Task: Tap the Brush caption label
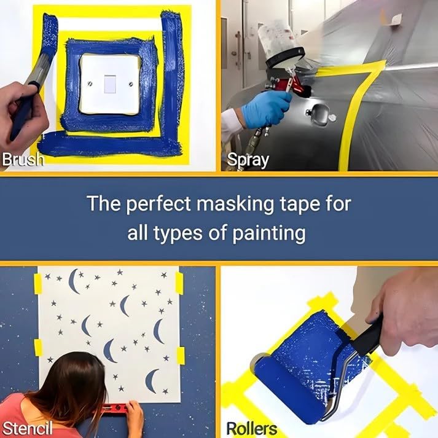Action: point(23,160)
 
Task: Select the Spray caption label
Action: point(248,160)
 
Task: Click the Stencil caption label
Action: point(26,428)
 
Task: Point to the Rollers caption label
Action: point(252,428)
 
